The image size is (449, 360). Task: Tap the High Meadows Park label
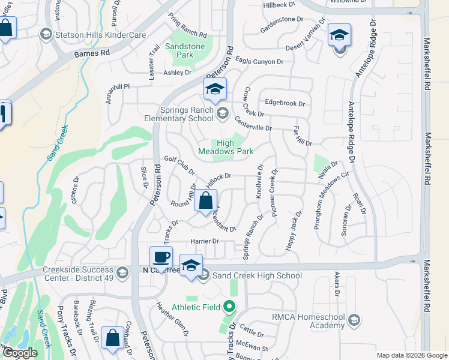click(226, 147)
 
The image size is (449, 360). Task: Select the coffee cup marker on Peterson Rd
click(160, 257)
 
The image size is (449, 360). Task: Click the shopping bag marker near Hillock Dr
click(205, 201)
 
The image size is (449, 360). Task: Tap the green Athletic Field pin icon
click(229, 307)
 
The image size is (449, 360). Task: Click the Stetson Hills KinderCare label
click(100, 35)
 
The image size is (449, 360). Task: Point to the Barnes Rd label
click(92, 53)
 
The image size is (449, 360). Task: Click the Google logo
click(20, 353)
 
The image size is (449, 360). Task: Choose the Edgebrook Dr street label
click(285, 103)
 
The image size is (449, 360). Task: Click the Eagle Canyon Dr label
click(259, 61)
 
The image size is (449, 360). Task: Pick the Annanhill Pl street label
click(118, 86)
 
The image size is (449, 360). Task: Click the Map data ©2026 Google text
click(411, 355)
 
